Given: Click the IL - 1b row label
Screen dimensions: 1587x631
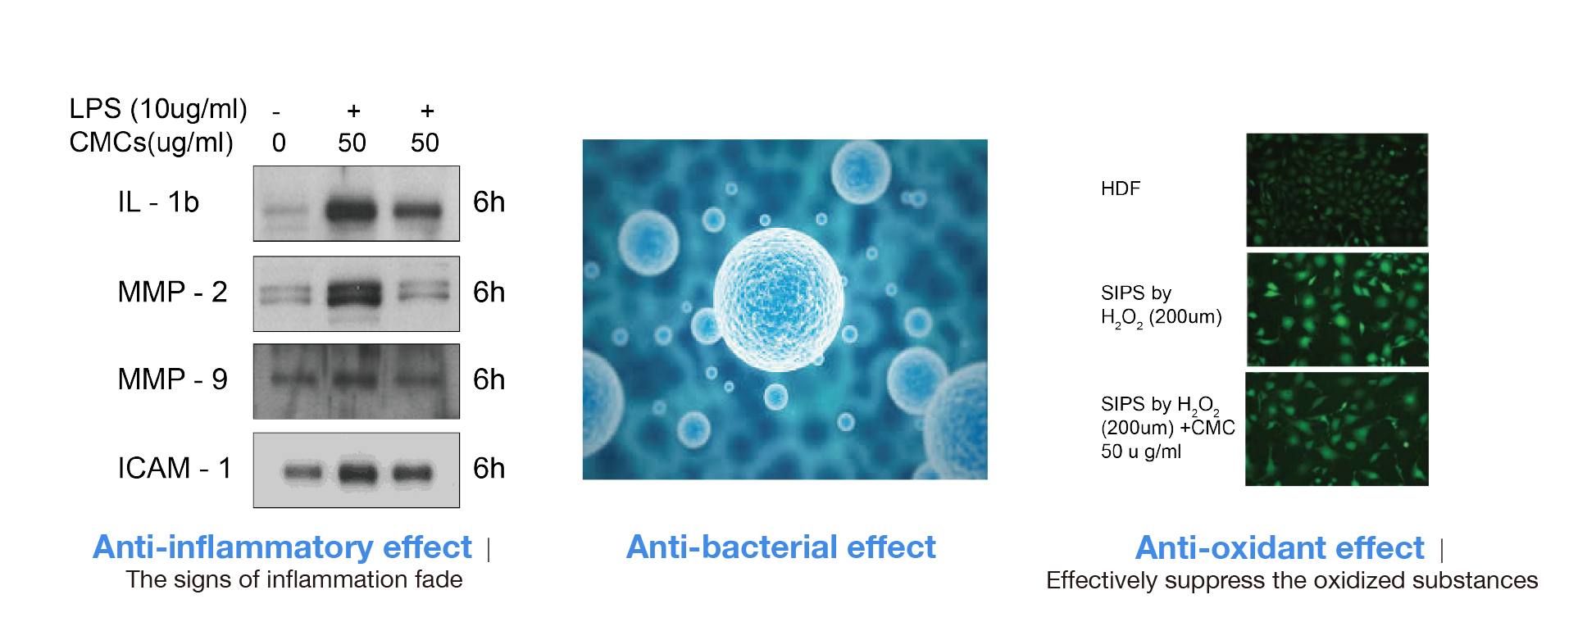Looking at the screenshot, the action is (x=158, y=202).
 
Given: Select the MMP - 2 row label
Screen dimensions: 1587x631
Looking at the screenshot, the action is (x=172, y=292).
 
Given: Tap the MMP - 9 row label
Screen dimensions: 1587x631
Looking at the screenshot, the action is (x=172, y=379).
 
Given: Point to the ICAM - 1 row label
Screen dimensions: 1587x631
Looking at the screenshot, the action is (x=175, y=468).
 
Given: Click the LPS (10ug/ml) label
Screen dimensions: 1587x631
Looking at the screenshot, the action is (x=158, y=109).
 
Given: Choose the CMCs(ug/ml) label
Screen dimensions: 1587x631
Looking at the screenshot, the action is (x=152, y=143).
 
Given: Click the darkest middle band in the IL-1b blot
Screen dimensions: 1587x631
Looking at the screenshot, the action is (x=351, y=211).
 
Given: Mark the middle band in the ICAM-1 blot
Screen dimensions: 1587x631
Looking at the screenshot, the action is (x=357, y=472).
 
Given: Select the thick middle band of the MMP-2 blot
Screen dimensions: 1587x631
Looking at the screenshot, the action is (x=354, y=293).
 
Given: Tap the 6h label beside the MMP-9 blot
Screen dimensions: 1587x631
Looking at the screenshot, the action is (x=489, y=379).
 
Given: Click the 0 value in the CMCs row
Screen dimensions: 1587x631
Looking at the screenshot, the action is (x=279, y=143).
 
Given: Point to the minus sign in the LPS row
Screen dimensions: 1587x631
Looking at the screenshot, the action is (x=276, y=112).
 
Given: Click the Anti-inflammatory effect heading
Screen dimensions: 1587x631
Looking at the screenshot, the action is (x=282, y=547).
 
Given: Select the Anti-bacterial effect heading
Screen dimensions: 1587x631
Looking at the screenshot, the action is (x=781, y=547).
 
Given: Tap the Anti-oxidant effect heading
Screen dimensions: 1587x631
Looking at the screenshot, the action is (x=1280, y=548).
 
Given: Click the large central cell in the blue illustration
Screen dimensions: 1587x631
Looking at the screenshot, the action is (x=778, y=299).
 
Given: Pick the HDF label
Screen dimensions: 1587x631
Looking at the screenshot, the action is (x=1121, y=188).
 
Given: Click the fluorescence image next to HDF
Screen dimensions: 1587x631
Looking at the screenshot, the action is (x=1337, y=189).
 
